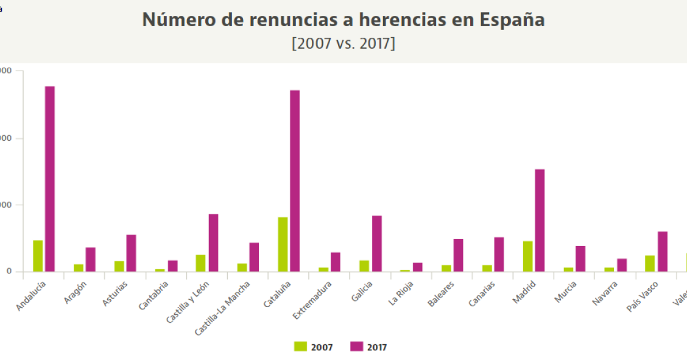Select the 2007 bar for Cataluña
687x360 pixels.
pyautogui.click(x=283, y=244)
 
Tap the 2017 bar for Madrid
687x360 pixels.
pyautogui.click(x=540, y=220)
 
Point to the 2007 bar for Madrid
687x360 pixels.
pyautogui.click(x=527, y=256)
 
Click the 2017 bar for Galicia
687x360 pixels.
pyautogui.click(x=377, y=243)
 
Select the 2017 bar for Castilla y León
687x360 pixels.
pyautogui.click(x=213, y=242)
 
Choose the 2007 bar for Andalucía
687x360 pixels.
pyautogui.click(x=38, y=255)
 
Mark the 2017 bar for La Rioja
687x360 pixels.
pyautogui.click(x=418, y=267)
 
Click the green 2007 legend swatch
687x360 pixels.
pyautogui.click(x=300, y=347)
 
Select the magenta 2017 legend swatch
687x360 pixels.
pyautogui.click(x=357, y=347)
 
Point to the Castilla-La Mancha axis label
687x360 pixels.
pyautogui.click(x=223, y=308)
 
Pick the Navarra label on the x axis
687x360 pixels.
pyautogui.click(x=605, y=293)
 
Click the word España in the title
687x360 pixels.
pyautogui.click(x=512, y=20)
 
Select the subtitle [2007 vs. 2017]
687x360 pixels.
pyautogui.click(x=343, y=44)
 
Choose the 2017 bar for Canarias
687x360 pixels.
pyautogui.click(x=499, y=254)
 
